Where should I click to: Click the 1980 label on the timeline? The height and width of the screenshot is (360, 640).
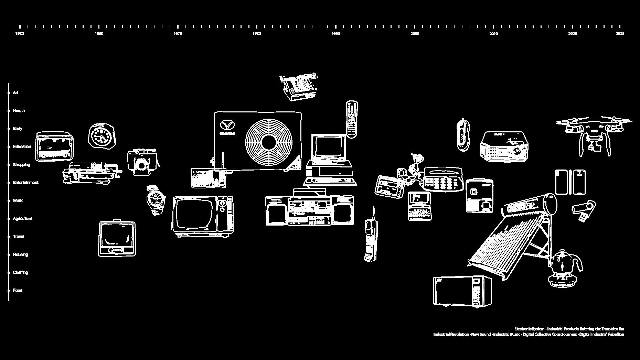coord(257,34)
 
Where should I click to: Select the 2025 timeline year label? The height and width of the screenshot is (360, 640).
coord(620,34)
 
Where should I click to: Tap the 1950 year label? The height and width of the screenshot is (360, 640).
coord(20,34)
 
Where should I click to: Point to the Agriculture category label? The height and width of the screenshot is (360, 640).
coord(23,219)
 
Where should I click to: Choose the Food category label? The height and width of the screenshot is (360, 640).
coord(18,291)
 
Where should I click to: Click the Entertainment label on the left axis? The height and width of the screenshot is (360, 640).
coord(26,183)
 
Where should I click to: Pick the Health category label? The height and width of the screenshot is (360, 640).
coord(19,111)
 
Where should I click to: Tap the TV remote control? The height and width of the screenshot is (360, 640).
coord(352,119)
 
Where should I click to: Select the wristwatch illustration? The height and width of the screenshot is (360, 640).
coord(155,199)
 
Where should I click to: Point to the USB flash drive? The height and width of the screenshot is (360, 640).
coord(584,210)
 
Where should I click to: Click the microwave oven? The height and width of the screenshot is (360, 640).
coord(462,291)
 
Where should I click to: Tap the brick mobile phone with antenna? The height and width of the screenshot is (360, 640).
coord(371,239)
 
